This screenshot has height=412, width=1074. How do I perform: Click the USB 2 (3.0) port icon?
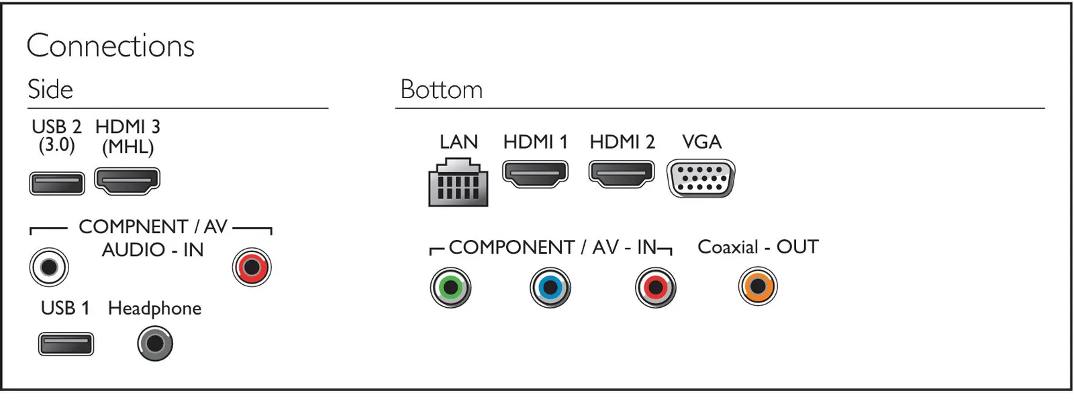pos(57,183)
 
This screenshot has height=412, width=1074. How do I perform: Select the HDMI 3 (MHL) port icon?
pos(127,181)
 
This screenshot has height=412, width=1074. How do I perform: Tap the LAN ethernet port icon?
pos(458,183)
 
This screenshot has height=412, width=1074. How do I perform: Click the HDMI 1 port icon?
pos(535,174)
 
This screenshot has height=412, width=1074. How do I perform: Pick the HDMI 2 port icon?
pos(622,174)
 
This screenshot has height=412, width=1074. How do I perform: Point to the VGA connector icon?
pos(701,178)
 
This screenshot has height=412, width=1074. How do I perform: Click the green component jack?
pos(450,288)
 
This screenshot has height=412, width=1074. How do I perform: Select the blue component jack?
pos(550,288)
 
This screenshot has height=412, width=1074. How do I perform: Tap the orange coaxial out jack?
pos(758,286)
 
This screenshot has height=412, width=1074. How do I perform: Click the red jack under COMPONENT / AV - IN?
pos(656,288)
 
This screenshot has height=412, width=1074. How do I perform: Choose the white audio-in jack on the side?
pos(49,267)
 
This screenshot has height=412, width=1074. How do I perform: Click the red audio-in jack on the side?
pos(252,267)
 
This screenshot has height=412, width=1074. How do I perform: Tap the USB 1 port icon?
pos(66,344)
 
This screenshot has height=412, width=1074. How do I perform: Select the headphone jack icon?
pos(155,343)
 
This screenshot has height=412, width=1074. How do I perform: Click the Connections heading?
pos(111,46)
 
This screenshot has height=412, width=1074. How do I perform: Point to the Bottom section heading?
pos(442,89)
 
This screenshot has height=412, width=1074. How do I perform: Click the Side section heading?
pos(50,89)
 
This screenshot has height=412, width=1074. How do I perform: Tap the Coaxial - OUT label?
pos(758,247)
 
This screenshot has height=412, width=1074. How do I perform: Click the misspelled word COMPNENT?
pos(134,226)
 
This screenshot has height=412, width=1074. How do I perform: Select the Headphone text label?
pos(154,308)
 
